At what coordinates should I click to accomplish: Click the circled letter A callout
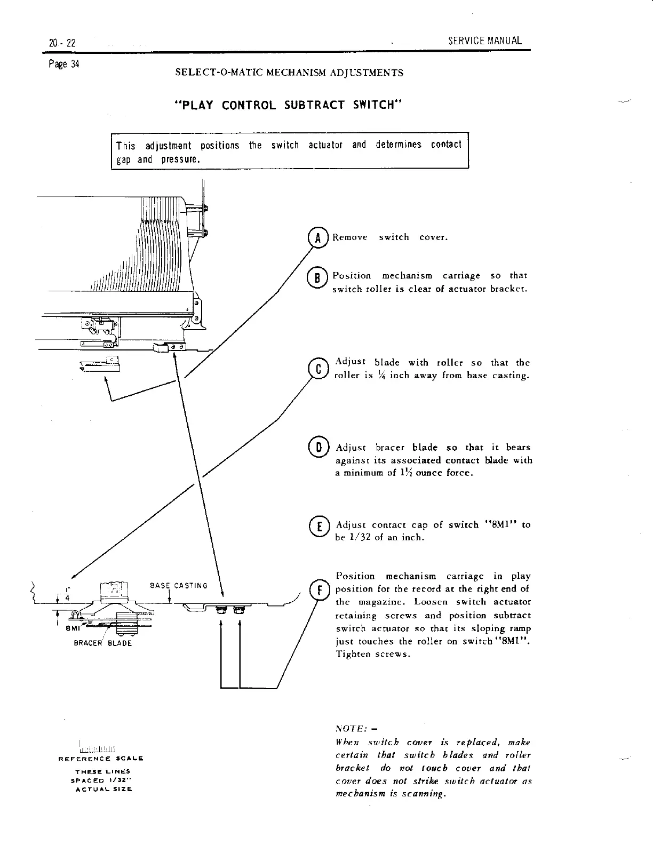[317, 238]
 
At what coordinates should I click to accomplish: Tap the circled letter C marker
[319, 369]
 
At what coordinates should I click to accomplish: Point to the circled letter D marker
[318, 447]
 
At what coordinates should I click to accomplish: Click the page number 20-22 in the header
[61, 43]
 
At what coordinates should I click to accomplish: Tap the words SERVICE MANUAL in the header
[485, 41]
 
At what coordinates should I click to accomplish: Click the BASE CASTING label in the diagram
[178, 586]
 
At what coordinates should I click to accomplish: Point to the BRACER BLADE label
[102, 643]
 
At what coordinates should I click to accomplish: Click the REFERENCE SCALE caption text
[101, 758]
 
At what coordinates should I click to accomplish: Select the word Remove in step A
[350, 237]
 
